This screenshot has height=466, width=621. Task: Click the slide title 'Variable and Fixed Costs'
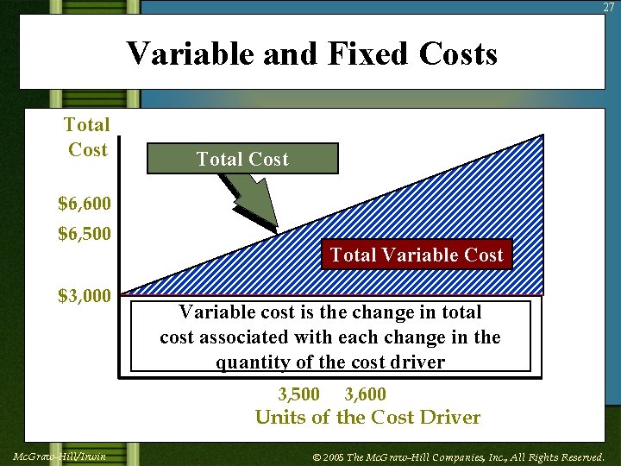(311, 54)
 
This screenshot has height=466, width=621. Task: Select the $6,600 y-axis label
(84, 204)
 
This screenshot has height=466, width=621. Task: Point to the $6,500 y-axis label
(84, 233)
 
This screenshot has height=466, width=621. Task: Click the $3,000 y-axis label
(84, 296)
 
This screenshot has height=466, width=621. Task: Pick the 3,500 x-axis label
(298, 394)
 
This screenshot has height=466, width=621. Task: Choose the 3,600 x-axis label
(365, 394)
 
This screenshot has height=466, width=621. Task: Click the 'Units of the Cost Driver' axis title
(367, 418)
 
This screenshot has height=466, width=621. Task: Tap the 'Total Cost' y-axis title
(87, 137)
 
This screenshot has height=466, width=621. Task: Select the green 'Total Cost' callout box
(242, 159)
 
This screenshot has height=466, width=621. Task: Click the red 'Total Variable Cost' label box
(417, 255)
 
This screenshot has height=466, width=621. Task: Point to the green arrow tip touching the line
(275, 229)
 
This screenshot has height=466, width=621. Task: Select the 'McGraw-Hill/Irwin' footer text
(60, 456)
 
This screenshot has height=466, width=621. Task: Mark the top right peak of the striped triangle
(542, 136)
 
